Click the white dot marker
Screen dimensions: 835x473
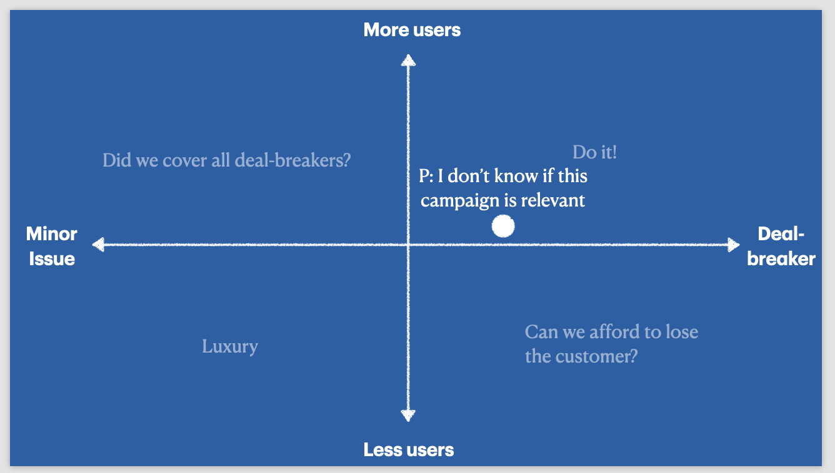503,226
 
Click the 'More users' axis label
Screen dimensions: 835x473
412,30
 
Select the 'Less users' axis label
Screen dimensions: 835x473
409,449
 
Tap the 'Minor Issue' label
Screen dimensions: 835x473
52,246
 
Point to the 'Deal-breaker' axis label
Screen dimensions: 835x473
781,246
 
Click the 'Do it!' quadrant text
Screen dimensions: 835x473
594,152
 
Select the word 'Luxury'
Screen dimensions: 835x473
230,347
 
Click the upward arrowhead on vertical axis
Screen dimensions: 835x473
408,61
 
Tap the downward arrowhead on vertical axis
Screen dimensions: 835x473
408,416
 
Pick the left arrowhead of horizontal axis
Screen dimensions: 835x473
98,245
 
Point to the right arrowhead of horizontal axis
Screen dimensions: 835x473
734,245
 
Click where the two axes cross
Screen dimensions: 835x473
408,245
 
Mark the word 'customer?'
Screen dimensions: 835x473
596,356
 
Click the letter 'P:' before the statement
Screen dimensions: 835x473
426,176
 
